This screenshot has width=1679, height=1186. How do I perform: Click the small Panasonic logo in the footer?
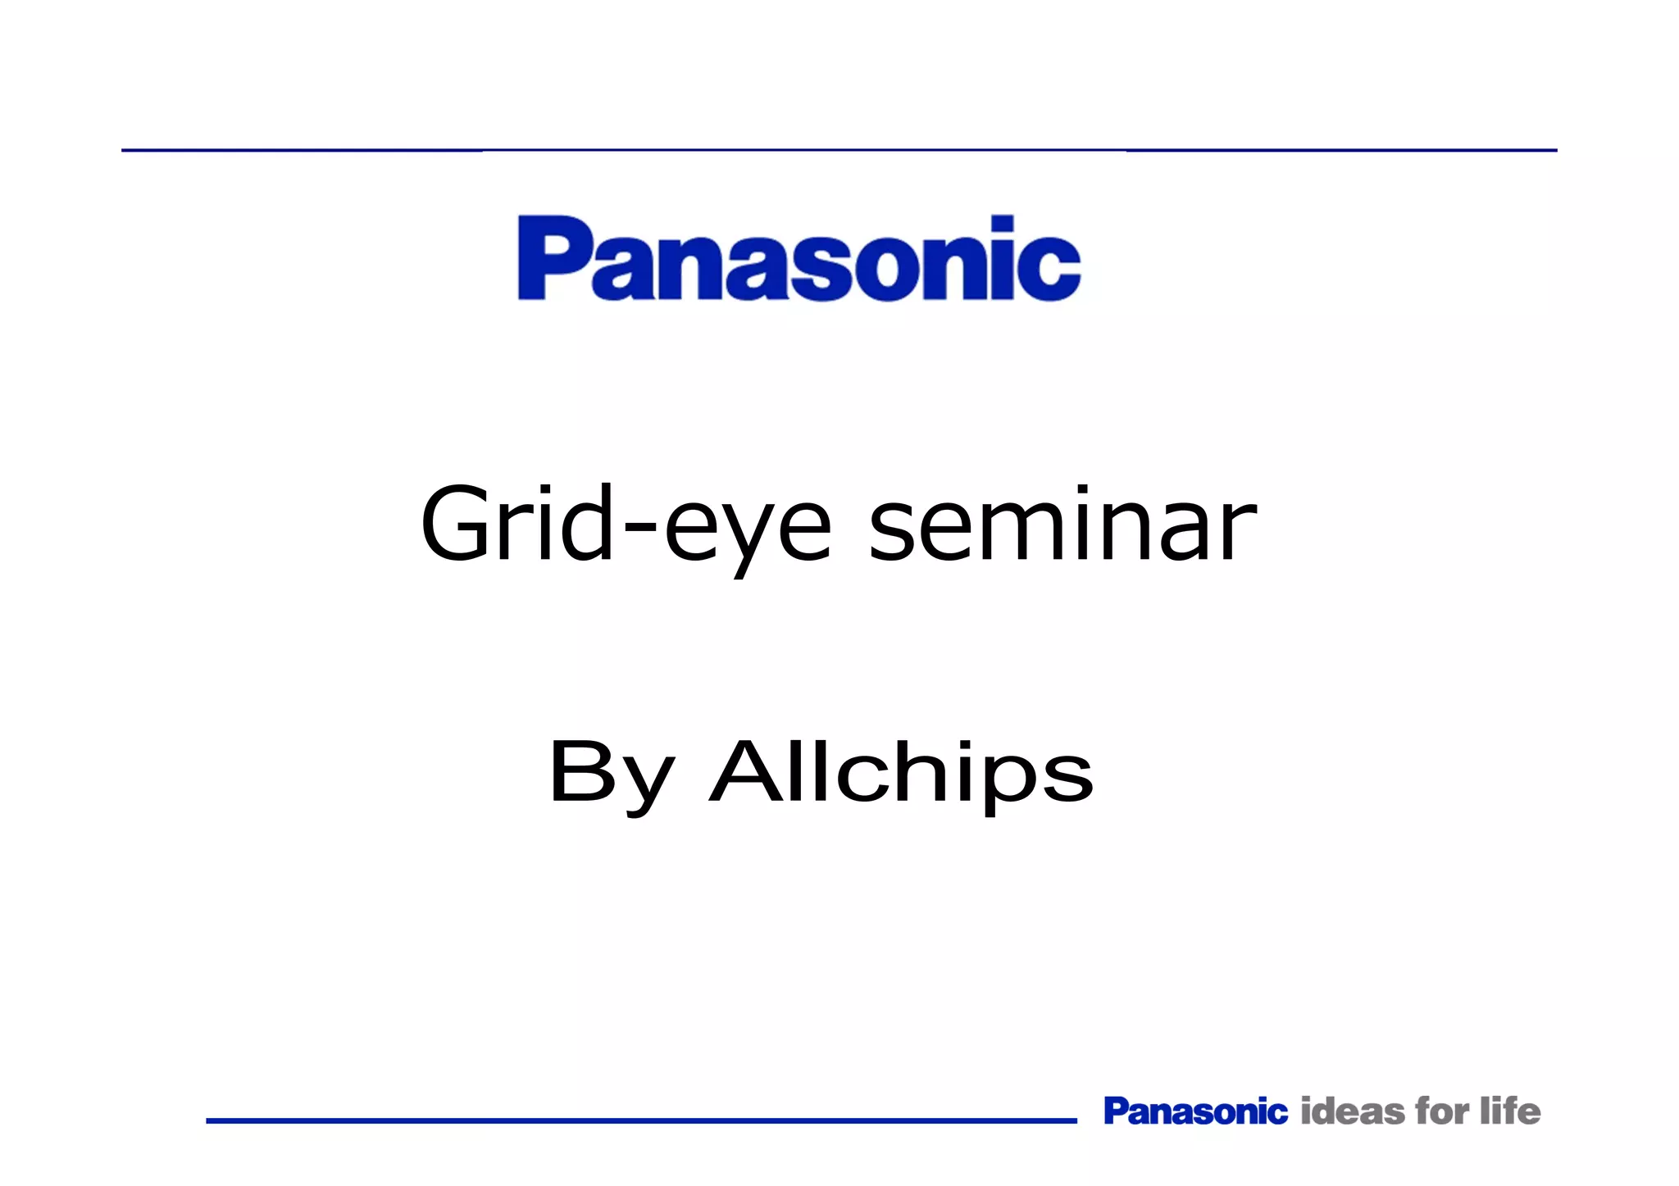click(x=1195, y=1111)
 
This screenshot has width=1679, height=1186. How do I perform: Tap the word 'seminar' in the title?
click(x=1062, y=525)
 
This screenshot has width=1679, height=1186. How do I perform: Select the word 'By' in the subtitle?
click(x=612, y=773)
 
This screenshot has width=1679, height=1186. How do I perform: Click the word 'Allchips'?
click(x=902, y=773)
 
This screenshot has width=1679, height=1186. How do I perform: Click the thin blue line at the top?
click(x=839, y=150)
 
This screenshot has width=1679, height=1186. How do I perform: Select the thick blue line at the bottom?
click(x=641, y=1120)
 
